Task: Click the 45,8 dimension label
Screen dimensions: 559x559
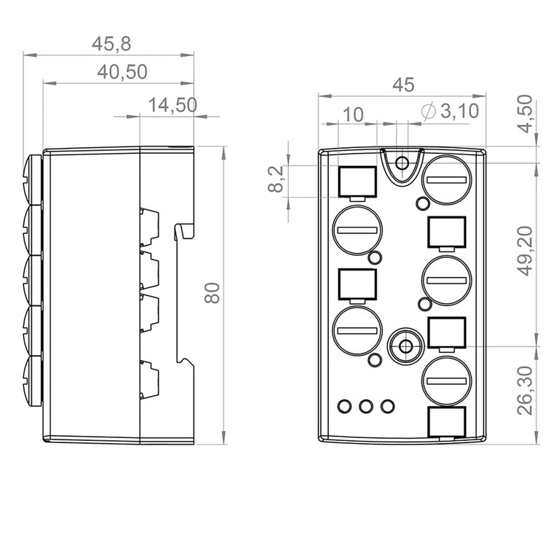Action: [x=111, y=44]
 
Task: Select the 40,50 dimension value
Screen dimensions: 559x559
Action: [x=122, y=71]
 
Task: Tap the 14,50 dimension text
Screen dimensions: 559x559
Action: [x=173, y=105]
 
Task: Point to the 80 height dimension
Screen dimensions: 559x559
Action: [x=212, y=293]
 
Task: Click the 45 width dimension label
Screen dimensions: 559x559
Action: [x=403, y=85]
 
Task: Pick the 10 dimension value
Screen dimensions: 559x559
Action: [x=353, y=114]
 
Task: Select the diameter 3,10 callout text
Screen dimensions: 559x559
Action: [x=450, y=111]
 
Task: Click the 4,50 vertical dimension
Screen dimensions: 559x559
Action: [x=524, y=114]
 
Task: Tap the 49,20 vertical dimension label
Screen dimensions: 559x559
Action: [x=525, y=251]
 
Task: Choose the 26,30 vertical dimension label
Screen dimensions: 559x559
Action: [x=525, y=390]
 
